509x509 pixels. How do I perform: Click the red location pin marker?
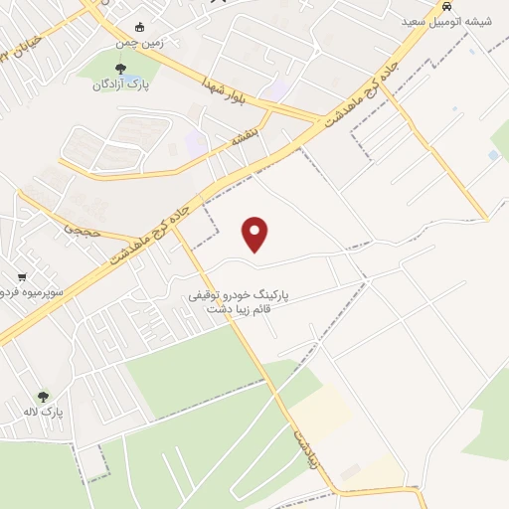(255, 234)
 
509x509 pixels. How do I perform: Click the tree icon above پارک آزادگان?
(120, 69)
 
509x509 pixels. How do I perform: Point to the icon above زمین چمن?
(139, 26)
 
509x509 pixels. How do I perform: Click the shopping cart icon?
(21, 277)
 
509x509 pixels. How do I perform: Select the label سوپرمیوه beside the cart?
(30, 294)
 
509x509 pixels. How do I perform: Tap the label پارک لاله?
(44, 411)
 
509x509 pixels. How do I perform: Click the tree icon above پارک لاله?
(41, 395)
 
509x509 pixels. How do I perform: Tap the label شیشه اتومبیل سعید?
(441, 21)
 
